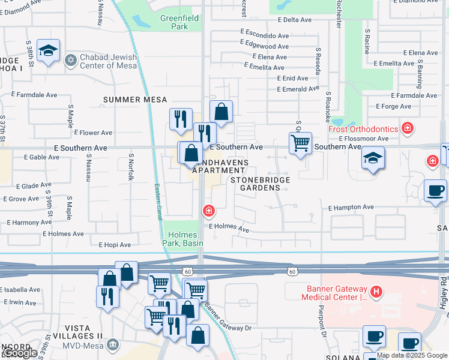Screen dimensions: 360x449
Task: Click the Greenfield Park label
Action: [174, 23]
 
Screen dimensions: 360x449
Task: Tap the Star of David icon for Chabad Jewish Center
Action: [71, 61]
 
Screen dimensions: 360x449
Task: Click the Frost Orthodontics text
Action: [363, 129]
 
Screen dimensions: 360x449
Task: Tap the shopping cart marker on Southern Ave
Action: [300, 143]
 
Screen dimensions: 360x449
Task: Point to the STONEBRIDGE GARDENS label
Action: [261, 184]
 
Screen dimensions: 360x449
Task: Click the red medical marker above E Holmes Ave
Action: [208, 211]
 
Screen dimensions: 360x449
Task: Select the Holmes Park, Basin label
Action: [182, 239]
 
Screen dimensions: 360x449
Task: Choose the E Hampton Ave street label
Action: [351, 207]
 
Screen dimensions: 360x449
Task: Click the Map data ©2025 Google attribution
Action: [412, 355]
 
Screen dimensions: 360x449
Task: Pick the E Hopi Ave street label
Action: [115, 245]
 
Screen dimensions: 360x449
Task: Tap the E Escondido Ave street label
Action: [264, 35]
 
